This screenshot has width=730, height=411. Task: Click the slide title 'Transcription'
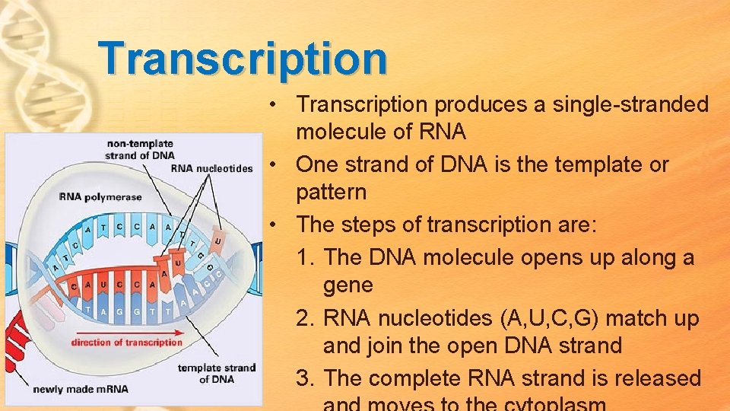pyautogui.click(x=243, y=59)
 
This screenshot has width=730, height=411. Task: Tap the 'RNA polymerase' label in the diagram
pyautogui.click(x=100, y=197)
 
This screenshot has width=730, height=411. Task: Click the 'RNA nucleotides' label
pyautogui.click(x=211, y=168)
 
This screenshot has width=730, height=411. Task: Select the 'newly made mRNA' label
pyautogui.click(x=81, y=389)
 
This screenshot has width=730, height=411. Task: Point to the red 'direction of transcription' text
pyautogui.click(x=127, y=342)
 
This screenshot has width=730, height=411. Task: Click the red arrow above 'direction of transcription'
pyautogui.click(x=126, y=331)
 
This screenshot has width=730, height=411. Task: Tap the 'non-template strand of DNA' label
pyautogui.click(x=140, y=149)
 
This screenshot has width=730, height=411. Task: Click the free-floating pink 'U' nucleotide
pyautogui.click(x=218, y=241)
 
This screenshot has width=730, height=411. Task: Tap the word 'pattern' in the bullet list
pyautogui.click(x=331, y=192)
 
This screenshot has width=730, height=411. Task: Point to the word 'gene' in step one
pyautogui.click(x=348, y=285)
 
